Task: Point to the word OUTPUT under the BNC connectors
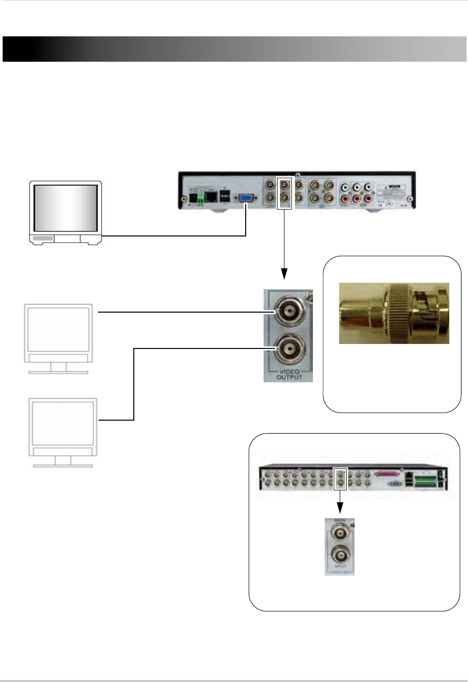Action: [288, 377]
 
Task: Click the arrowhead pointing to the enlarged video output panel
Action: [284, 273]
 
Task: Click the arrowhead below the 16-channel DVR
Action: [340, 508]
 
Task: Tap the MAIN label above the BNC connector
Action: [340, 521]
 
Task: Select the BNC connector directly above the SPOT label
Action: [340, 555]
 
